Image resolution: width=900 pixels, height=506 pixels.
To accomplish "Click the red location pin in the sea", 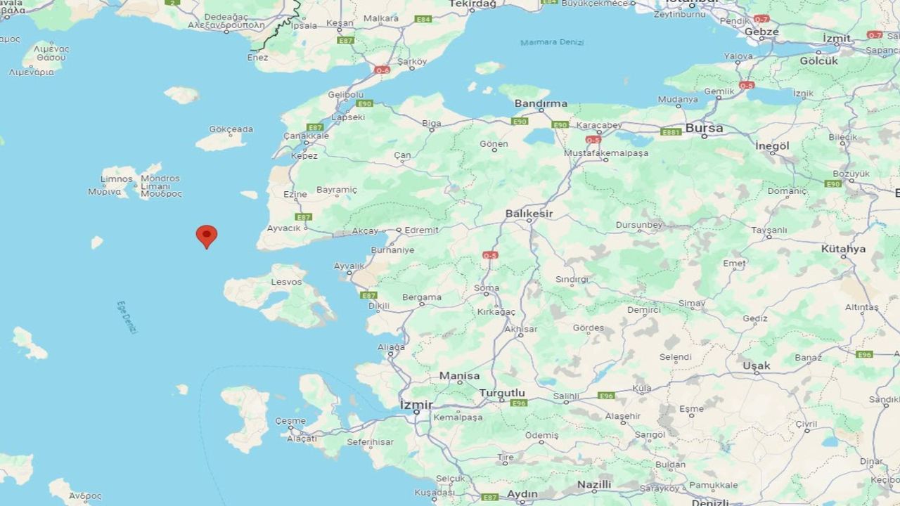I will (x=206, y=235).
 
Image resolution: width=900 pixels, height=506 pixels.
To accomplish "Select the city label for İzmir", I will (x=416, y=405).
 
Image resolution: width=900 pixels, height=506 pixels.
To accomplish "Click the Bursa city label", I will (x=704, y=128).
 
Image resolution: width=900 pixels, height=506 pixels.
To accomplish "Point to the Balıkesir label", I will (x=529, y=213).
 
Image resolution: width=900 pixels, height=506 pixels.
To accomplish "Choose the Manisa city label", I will (x=459, y=376).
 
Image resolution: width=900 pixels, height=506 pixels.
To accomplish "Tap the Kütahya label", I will (x=843, y=249).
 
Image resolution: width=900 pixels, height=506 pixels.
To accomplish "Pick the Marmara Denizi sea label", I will (x=552, y=43).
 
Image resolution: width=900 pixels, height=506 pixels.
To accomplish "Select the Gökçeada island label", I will (x=231, y=129).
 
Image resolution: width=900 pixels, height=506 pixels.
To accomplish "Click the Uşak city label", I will (x=757, y=365).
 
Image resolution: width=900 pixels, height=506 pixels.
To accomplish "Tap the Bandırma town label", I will (x=541, y=103).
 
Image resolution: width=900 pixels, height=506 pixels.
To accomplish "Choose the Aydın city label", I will (x=522, y=494).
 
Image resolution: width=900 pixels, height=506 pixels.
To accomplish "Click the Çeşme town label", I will (x=290, y=421).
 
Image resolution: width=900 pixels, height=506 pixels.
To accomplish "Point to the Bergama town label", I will (x=422, y=297).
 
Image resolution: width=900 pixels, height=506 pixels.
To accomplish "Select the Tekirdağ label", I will (x=472, y=4).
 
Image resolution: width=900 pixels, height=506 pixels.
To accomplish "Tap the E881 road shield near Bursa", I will (x=671, y=131).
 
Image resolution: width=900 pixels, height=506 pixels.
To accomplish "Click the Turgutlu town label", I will (x=502, y=392).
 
